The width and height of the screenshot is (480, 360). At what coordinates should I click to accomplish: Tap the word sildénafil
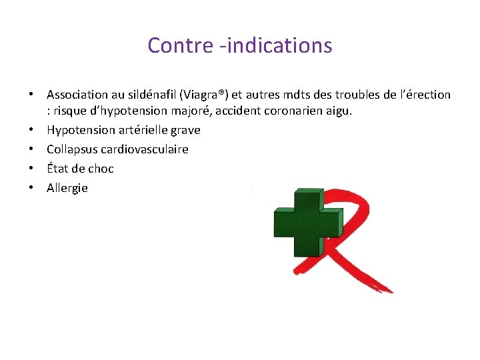coord(146,95)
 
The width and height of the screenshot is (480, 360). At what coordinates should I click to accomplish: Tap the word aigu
coord(338,110)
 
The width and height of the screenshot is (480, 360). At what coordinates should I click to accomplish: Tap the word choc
coord(101,168)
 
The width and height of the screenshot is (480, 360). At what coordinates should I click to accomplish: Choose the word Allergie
coord(67,188)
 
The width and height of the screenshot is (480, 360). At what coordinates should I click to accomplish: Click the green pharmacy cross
coord(307,222)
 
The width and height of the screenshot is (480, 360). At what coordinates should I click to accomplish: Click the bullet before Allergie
coord(31,188)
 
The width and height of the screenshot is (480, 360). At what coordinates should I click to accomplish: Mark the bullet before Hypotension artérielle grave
coord(31,129)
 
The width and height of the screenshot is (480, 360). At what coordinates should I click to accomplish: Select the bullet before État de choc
coord(31,168)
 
